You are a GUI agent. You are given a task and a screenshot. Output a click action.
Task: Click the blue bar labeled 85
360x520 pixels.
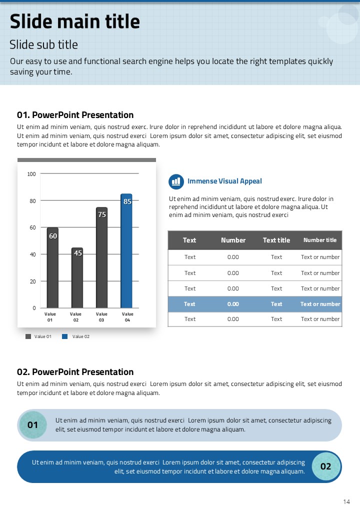click(126, 250)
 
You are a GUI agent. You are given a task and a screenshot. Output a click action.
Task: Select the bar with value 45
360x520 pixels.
click(77, 277)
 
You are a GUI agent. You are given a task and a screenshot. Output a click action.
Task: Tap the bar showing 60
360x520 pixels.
click(52, 267)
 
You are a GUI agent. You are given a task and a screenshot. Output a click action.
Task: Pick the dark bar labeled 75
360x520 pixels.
click(102, 257)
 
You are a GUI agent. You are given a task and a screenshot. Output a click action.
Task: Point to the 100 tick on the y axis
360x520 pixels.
click(32, 174)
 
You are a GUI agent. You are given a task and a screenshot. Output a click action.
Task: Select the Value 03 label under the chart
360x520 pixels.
click(101, 317)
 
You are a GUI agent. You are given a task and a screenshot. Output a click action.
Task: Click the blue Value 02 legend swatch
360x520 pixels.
click(64, 336)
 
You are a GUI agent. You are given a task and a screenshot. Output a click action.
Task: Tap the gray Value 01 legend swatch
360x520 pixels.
click(28, 336)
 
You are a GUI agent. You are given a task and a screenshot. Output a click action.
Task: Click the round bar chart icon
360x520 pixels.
click(176, 181)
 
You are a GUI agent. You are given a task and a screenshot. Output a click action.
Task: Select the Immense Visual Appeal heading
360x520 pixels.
click(224, 181)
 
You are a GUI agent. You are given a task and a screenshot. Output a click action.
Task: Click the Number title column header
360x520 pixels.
click(320, 240)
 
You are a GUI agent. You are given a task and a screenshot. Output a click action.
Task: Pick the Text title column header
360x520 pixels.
click(276, 240)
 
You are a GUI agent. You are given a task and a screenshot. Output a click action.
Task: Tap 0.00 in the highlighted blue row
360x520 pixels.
click(233, 304)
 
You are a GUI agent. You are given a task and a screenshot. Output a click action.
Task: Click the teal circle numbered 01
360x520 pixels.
click(33, 425)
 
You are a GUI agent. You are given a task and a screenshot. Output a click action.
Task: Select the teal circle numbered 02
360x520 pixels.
click(326, 466)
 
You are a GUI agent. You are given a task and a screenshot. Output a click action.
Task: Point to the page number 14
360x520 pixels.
click(346, 501)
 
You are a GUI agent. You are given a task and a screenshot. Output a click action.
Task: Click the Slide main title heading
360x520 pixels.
click(75, 22)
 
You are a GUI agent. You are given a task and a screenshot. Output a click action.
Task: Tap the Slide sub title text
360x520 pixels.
click(44, 45)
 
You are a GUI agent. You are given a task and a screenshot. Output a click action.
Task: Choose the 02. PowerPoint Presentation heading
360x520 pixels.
click(75, 372)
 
